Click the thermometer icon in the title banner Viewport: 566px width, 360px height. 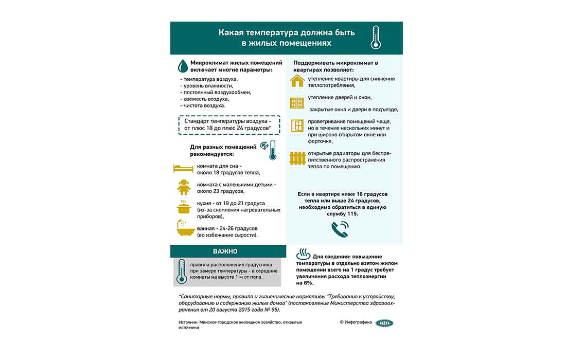coord(376,38)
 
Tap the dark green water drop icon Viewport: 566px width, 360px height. coord(182,66)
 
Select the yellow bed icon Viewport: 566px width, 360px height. coord(183,169)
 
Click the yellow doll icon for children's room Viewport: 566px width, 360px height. coord(183,187)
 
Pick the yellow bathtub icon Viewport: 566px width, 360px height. coord(184,229)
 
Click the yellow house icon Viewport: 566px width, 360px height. coord(297,81)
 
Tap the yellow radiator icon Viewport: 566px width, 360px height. coord(297,158)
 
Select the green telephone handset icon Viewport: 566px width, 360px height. coord(340,228)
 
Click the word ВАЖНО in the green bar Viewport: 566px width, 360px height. coord(225,251)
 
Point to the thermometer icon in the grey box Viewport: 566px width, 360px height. coord(181,272)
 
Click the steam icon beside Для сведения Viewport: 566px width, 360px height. coord(304,255)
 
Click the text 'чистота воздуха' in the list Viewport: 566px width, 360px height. coord(204,105)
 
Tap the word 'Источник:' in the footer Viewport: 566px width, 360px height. coord(188,322)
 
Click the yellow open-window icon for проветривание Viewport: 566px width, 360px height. coord(297,126)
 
